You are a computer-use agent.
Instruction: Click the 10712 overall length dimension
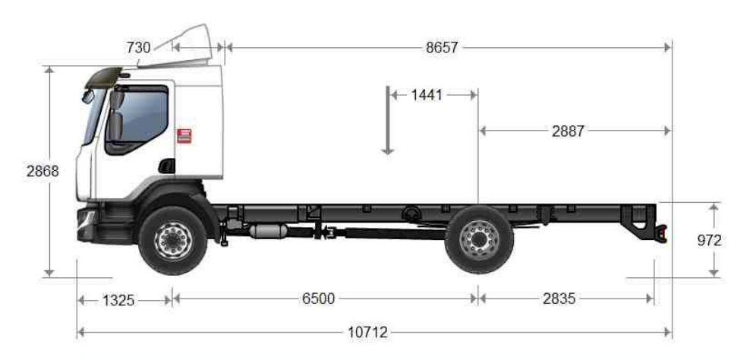[x=368, y=332]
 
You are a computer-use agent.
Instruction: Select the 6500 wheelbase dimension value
[x=319, y=298]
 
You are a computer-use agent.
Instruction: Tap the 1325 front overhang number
[x=118, y=299]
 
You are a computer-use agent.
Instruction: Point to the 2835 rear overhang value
[x=559, y=298]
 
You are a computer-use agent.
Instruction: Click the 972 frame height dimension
[x=708, y=241]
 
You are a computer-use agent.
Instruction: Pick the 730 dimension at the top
[x=138, y=47]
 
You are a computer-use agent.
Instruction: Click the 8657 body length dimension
[x=442, y=47]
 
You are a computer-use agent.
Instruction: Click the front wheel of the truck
[x=173, y=240]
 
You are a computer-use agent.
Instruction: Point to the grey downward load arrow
[x=388, y=122]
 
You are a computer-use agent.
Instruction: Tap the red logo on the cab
[x=183, y=135]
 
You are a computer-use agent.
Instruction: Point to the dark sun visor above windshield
[x=104, y=75]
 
